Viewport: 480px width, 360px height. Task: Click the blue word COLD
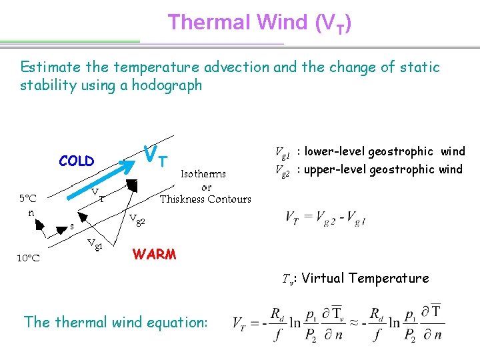point(77,161)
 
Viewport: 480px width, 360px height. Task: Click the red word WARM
point(155,255)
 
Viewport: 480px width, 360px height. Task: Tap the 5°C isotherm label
point(28,198)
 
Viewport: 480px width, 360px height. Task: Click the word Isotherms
point(204,173)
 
